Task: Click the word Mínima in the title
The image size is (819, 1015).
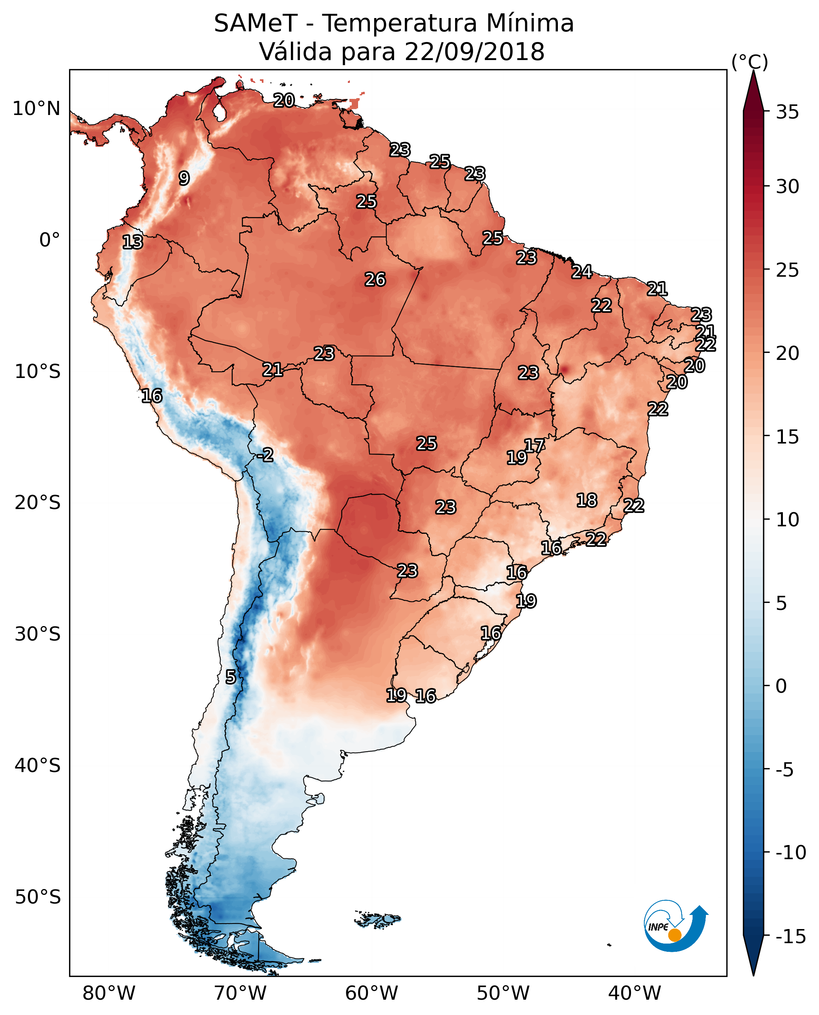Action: pyautogui.click(x=530, y=24)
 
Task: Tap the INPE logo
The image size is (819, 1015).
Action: pyautogui.click(x=676, y=926)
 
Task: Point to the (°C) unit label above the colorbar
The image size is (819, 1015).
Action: pyautogui.click(x=750, y=62)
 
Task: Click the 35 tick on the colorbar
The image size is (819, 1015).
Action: pyautogui.click(x=787, y=112)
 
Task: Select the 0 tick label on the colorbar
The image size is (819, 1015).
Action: pyautogui.click(x=781, y=686)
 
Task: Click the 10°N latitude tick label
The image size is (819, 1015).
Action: pyautogui.click(x=37, y=109)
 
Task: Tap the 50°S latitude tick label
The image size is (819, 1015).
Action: pyautogui.click(x=38, y=896)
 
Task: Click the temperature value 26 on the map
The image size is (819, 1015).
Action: pyautogui.click(x=375, y=280)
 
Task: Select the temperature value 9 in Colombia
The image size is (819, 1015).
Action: pyautogui.click(x=184, y=178)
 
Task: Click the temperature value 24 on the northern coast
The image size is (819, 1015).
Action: pyautogui.click(x=582, y=272)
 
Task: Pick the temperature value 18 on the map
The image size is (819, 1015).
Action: pyautogui.click(x=587, y=500)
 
